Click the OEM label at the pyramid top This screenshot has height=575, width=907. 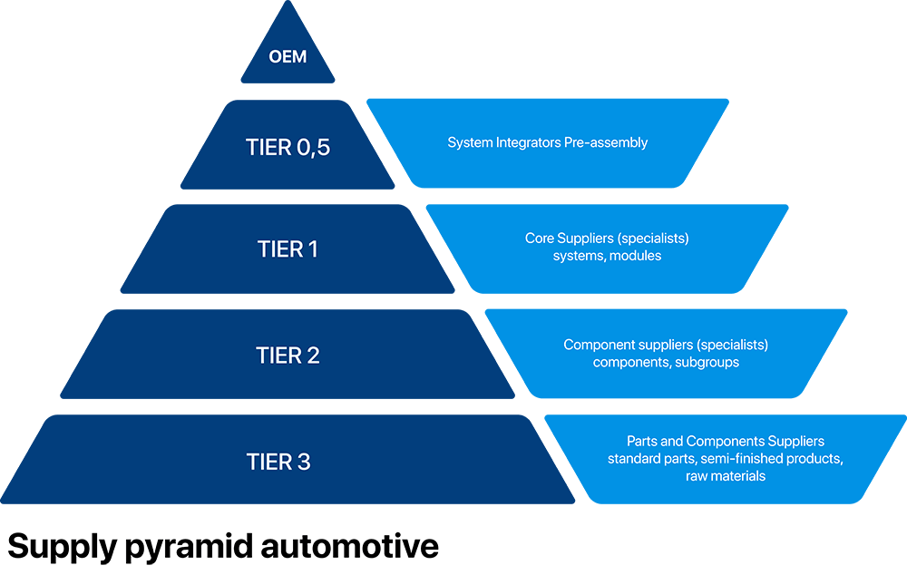[x=288, y=57]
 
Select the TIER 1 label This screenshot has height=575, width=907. [x=288, y=249]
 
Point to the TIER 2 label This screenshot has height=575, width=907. [x=288, y=355]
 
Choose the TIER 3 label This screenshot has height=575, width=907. [x=278, y=462]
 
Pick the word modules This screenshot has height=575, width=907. [x=635, y=256]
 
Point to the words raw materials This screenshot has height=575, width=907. [x=726, y=475]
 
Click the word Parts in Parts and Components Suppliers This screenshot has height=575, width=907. [x=641, y=442]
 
